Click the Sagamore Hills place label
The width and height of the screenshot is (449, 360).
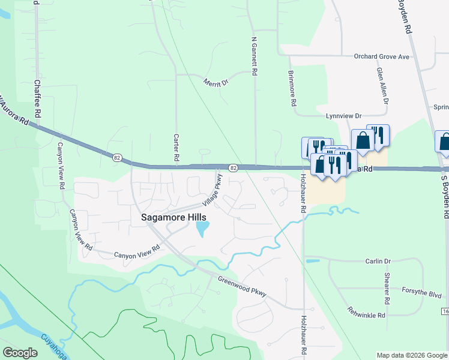[x=173, y=218]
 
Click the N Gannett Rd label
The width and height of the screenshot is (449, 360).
[x=255, y=56]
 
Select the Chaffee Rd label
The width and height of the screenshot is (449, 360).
[x=38, y=98]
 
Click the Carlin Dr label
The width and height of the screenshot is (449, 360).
[x=378, y=262]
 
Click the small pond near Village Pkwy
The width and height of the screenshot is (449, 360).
[x=203, y=228]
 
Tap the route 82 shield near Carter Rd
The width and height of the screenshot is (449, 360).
[x=115, y=157]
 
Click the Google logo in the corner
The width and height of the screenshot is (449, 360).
[x=20, y=353]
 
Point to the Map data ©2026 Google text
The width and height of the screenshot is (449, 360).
[x=412, y=355]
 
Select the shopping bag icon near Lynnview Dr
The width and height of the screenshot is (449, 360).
[x=363, y=140]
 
